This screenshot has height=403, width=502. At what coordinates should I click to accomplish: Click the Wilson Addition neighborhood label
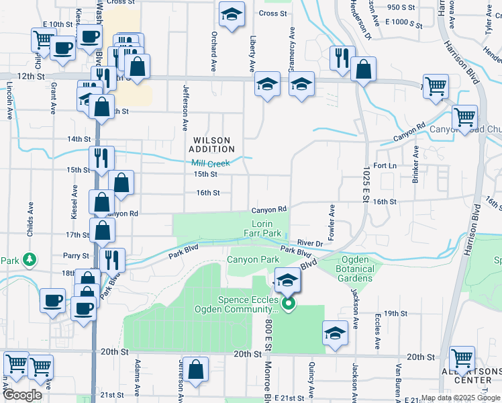click(213, 144)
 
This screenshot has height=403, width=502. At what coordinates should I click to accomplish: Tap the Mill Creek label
click(211, 163)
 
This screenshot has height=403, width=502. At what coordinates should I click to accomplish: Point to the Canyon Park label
click(253, 259)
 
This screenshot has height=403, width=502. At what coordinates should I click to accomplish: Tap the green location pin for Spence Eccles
click(289, 304)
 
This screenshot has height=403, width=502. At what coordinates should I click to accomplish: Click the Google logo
click(23, 395)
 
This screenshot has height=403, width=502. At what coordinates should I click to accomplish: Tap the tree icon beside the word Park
click(29, 259)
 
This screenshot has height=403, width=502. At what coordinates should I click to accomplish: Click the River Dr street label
click(311, 242)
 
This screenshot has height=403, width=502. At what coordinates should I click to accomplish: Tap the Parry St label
click(76, 256)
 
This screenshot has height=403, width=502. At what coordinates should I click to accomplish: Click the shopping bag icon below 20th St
click(196, 369)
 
